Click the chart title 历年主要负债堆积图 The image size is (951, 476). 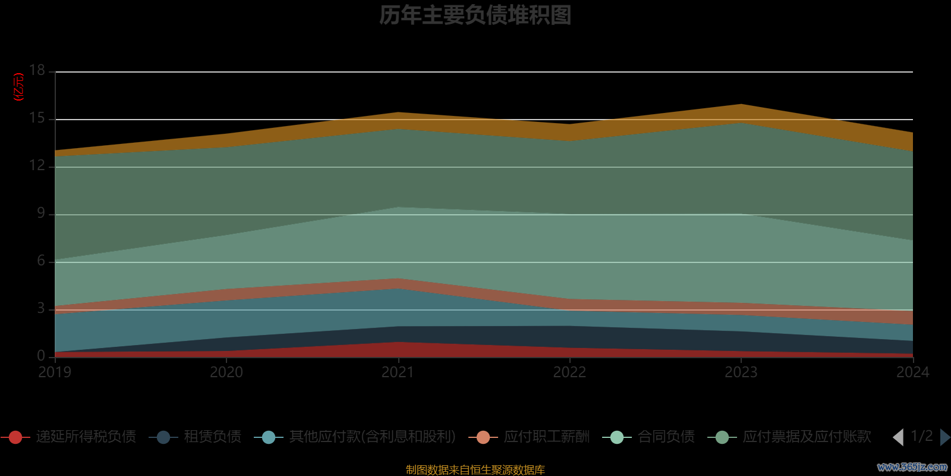point(475,15)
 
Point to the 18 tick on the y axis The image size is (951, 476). point(37,70)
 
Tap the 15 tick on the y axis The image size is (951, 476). point(37,118)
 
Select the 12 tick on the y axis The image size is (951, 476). point(37,165)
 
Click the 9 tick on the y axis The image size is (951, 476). point(40,213)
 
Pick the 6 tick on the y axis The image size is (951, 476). point(40,261)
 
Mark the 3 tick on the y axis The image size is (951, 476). point(40,308)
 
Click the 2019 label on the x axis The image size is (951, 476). point(55,372)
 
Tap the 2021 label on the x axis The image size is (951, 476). point(398,372)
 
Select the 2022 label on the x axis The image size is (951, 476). point(569,372)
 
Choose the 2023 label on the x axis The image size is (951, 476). point(741,372)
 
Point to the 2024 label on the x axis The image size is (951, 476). point(912,372)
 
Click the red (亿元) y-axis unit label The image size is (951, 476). point(19,87)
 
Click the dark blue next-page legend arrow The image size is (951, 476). point(944,437)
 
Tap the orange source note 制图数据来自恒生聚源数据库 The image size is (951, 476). point(475,470)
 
